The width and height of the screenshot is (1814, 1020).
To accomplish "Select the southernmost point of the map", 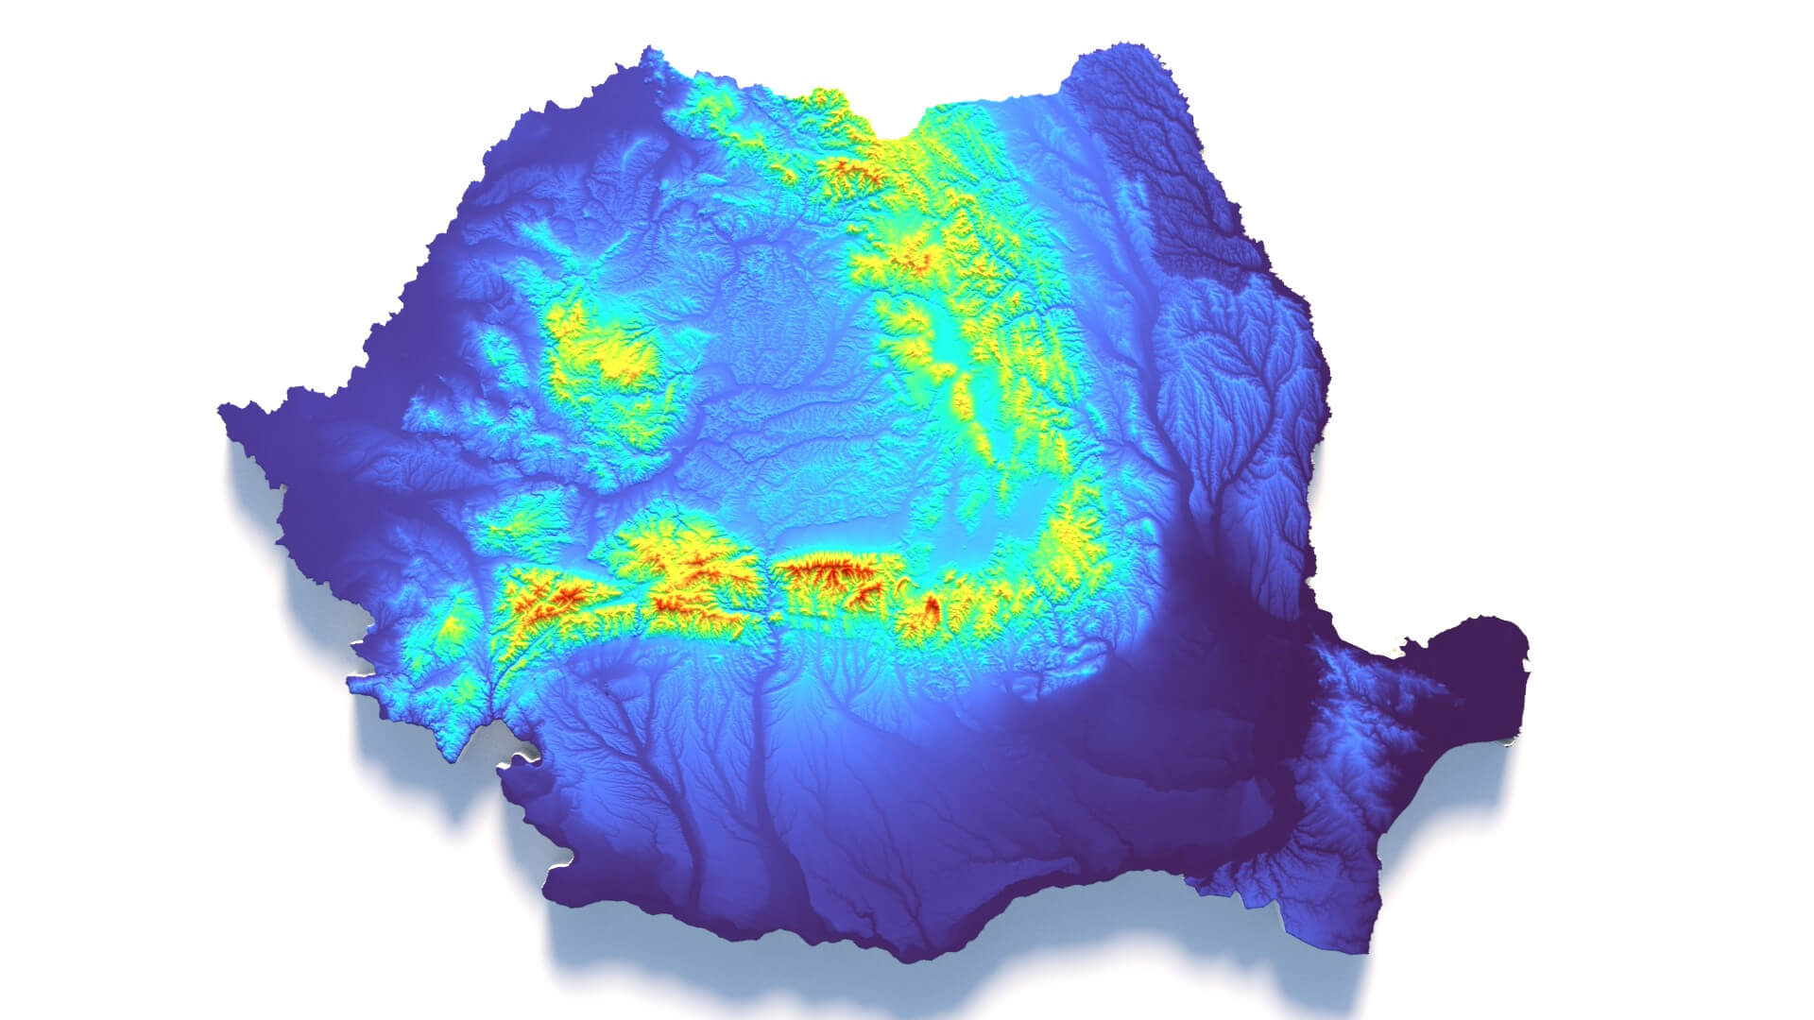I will (x=907, y=959).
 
